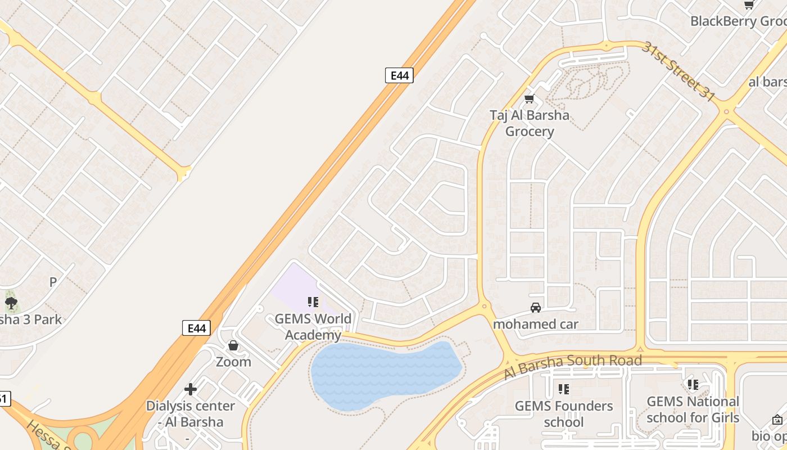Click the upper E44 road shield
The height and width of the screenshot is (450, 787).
399,75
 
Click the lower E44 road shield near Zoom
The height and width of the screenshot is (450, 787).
196,328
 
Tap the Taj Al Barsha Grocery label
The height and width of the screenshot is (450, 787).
529,123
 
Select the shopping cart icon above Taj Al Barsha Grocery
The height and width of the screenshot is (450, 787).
529,99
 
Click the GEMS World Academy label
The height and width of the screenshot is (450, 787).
313,327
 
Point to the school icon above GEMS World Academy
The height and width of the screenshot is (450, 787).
313,303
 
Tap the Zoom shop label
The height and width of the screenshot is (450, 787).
233,362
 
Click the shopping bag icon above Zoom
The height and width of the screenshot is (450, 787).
233,345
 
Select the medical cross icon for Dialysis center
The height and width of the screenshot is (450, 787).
191,389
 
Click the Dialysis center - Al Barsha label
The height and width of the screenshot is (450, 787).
190,414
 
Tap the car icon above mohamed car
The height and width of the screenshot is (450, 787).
536,308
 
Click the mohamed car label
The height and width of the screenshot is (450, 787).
535,324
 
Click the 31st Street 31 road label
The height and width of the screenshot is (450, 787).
679,71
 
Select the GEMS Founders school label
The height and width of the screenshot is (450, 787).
564,414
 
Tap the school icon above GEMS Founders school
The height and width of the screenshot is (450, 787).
564,389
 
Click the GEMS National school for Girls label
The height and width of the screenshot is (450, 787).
693,409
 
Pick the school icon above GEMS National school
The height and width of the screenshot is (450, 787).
693,385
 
